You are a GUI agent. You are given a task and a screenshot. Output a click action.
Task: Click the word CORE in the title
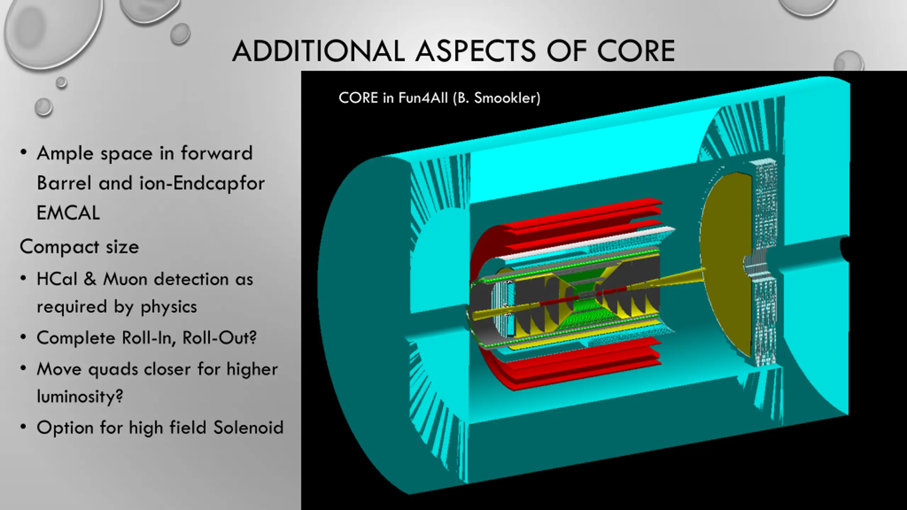point(636,51)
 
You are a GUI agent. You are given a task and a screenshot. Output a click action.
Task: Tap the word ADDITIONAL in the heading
point(319,51)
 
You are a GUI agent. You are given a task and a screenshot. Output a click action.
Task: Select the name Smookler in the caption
point(507,98)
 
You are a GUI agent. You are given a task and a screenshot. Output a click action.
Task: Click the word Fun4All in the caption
point(423,98)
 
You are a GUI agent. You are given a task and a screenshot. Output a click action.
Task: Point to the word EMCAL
point(68,213)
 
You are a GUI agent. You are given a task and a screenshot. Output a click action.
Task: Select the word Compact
point(59,247)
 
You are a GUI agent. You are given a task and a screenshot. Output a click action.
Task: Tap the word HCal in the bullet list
point(57,279)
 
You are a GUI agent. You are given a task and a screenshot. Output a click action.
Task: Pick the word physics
point(169,307)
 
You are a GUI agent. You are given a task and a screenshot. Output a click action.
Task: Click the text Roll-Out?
point(219,338)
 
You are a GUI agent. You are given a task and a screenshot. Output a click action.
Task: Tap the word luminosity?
point(80,396)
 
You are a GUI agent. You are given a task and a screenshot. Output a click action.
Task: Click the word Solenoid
point(248,427)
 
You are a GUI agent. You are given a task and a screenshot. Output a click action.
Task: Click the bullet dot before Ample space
point(23,153)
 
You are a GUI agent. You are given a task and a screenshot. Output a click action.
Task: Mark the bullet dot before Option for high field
point(23,427)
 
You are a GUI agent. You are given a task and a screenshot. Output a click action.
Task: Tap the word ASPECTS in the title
point(475,51)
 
